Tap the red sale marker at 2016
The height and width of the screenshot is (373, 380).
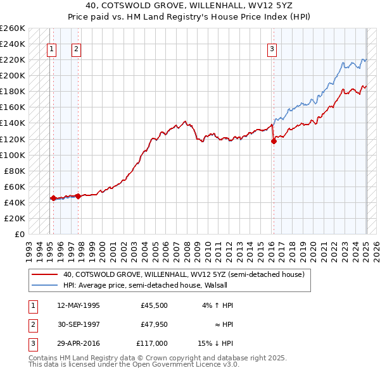point(274,141)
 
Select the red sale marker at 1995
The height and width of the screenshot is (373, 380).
point(53,198)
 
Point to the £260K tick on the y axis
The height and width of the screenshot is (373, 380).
point(13,28)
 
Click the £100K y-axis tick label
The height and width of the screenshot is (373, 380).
point(13,155)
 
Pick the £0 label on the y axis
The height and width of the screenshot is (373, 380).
point(19,234)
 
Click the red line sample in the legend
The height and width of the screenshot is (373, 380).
point(46,274)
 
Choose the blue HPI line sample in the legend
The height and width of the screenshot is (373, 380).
point(46,285)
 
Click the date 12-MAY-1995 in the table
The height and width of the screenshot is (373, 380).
point(79,305)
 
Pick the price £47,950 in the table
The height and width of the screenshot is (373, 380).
point(155,324)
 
